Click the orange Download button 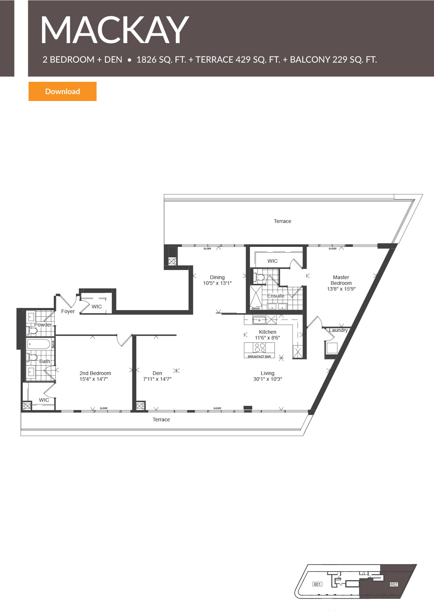pyautogui.click(x=63, y=91)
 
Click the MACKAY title pyautogui.click(x=114, y=30)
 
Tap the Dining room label pyautogui.click(x=217, y=277)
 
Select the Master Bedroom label pyautogui.click(x=341, y=280)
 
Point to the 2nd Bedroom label pyautogui.click(x=95, y=373)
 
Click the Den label pyautogui.click(x=157, y=373)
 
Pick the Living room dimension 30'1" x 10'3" pyautogui.click(x=268, y=379)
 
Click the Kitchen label pyautogui.click(x=268, y=332)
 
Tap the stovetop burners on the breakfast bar pyautogui.click(x=260, y=348)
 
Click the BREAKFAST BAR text pyautogui.click(x=259, y=357)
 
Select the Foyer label pyautogui.click(x=68, y=311)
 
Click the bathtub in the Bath pyautogui.click(x=38, y=344)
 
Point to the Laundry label pyautogui.click(x=339, y=330)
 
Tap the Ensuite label pyautogui.click(x=276, y=296)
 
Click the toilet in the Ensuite pyautogui.click(x=260, y=278)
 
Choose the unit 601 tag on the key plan pyautogui.click(x=317, y=584)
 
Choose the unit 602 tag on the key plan pyautogui.click(x=394, y=584)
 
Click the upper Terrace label pyautogui.click(x=282, y=221)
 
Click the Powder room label pyautogui.click(x=43, y=325)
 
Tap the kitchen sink pyautogui.click(x=259, y=320)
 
